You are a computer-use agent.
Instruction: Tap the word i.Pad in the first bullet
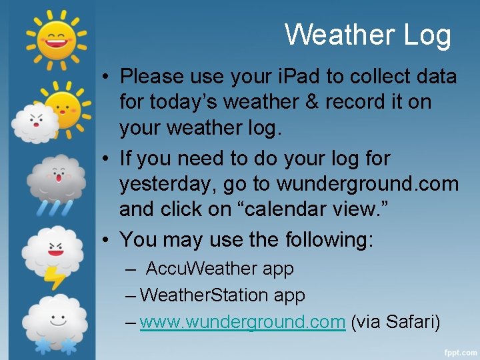point(280,77)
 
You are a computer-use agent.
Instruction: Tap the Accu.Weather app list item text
point(219,269)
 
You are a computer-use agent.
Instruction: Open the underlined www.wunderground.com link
point(242,322)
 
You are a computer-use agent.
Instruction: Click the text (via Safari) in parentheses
point(395,322)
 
